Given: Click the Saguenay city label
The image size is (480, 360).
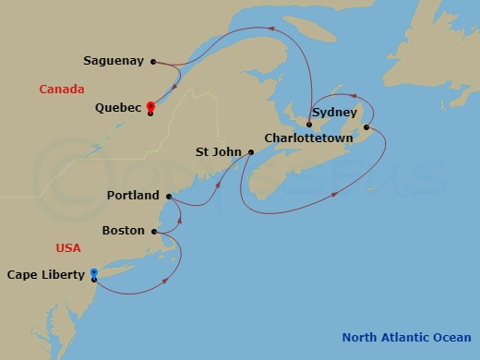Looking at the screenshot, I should point(114,61).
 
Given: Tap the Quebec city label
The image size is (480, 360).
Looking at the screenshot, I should point(118,107).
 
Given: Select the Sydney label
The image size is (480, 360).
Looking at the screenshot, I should point(334,113).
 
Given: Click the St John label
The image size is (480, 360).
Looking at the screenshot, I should point(220,151).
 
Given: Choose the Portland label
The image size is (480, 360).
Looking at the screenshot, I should point(133,196).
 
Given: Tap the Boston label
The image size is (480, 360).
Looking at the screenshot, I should point(123,230).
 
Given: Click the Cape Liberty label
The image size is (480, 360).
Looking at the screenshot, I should point(45,274).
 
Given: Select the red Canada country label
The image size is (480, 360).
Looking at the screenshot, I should point(62,89).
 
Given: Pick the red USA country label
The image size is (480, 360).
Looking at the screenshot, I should point(68,247).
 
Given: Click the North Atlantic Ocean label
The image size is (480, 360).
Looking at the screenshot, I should point(407,336).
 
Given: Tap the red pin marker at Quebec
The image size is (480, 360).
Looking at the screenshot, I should point(150,106).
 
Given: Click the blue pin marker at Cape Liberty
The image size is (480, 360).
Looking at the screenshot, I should point(94,273).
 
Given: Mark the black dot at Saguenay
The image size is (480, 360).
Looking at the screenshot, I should point(153,62).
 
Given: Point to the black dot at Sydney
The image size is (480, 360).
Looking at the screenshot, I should point(366,127).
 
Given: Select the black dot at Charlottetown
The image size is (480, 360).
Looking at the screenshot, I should point(308,124).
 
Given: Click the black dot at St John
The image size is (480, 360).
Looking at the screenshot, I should point(250,151).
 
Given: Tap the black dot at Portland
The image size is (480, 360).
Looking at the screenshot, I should point(168,196).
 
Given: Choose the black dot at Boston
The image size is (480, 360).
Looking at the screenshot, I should point(154,231).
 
